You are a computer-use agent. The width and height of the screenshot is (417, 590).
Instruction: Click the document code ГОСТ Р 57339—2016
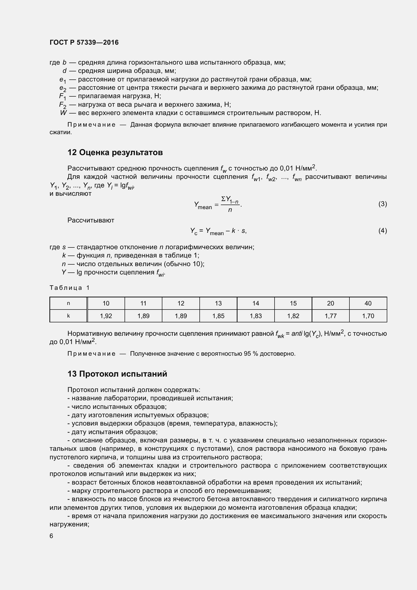84,42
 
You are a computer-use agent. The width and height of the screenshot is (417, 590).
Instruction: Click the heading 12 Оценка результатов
115,152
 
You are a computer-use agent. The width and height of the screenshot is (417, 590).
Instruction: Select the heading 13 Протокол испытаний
117,374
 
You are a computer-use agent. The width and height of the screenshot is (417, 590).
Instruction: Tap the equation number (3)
382,204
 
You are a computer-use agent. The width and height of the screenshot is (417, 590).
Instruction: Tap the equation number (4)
382,231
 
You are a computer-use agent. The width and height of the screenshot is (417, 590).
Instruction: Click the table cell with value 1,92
106,316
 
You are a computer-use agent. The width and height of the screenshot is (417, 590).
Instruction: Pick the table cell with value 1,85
218,316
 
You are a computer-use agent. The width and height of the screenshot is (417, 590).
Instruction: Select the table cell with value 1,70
368,316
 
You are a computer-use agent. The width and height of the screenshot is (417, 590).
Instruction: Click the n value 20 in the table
331,303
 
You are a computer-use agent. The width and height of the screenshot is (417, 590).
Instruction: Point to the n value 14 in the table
255,303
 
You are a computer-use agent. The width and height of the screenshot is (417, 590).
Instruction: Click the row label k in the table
68,316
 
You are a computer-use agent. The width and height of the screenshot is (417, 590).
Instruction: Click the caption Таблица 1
69,288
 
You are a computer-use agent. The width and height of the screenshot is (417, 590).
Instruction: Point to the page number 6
51,536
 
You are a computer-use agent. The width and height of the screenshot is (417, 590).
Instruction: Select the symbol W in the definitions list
63,113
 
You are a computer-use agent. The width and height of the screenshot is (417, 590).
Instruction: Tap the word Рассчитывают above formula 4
91,220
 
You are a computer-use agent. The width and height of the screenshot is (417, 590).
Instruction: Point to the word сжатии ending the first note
60,132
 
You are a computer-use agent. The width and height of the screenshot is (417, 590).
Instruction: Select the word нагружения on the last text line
69,524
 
